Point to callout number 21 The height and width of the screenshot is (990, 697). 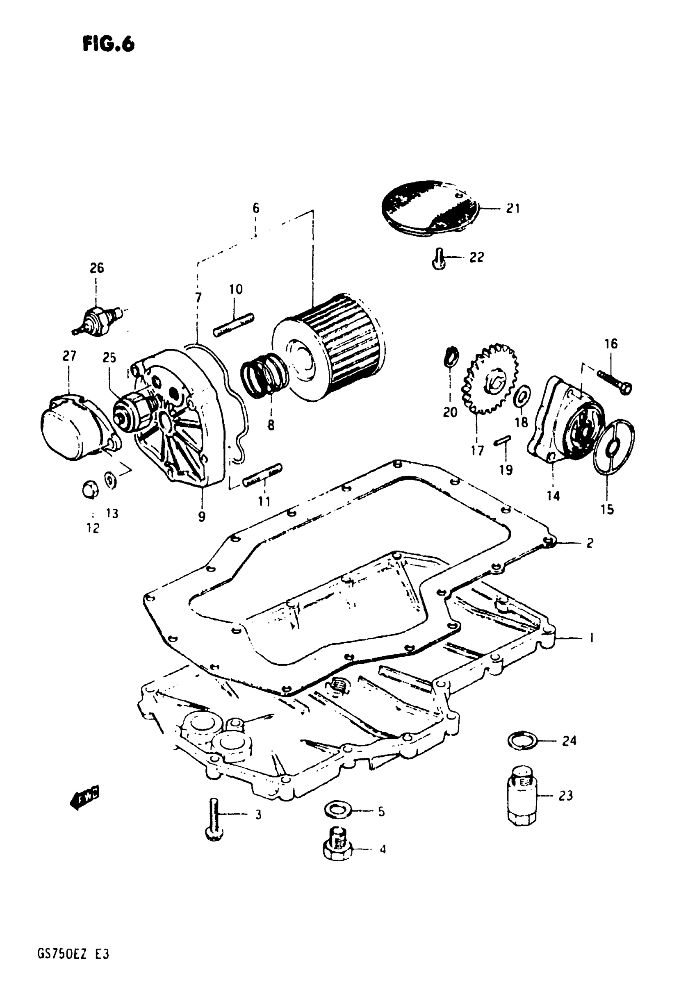513,209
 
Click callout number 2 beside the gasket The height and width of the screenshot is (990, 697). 590,543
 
